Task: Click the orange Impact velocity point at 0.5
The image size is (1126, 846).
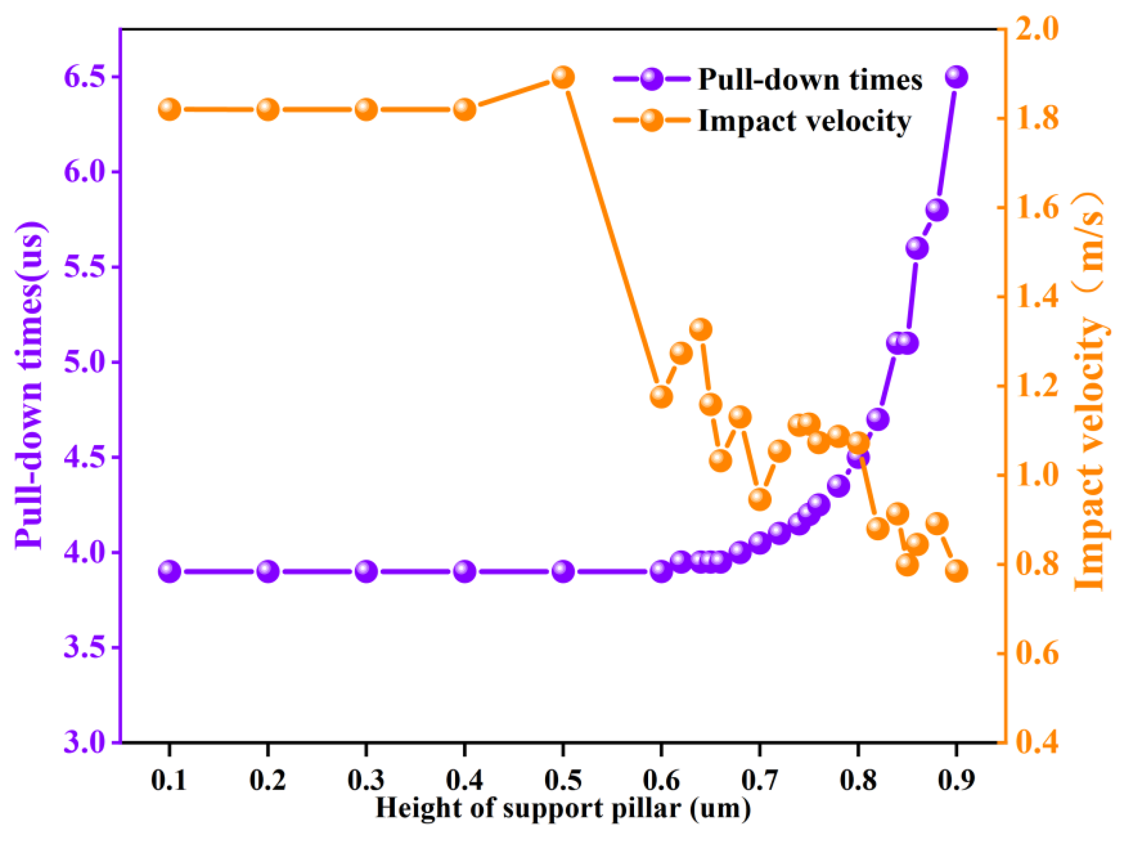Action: coord(563,77)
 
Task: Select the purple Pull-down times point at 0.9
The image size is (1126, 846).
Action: coord(957,77)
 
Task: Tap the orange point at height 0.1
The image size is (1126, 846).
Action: coord(169,109)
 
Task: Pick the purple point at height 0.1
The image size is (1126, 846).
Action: coord(169,572)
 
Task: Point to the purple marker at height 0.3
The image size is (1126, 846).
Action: coord(366,572)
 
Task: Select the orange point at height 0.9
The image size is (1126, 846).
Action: coord(957,571)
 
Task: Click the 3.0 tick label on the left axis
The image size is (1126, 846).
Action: coord(84,742)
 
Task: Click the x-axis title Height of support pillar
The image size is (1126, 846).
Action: coord(563,808)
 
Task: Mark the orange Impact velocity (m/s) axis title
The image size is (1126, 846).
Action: coord(1089,392)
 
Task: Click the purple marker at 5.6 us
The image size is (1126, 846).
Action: coord(917,248)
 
